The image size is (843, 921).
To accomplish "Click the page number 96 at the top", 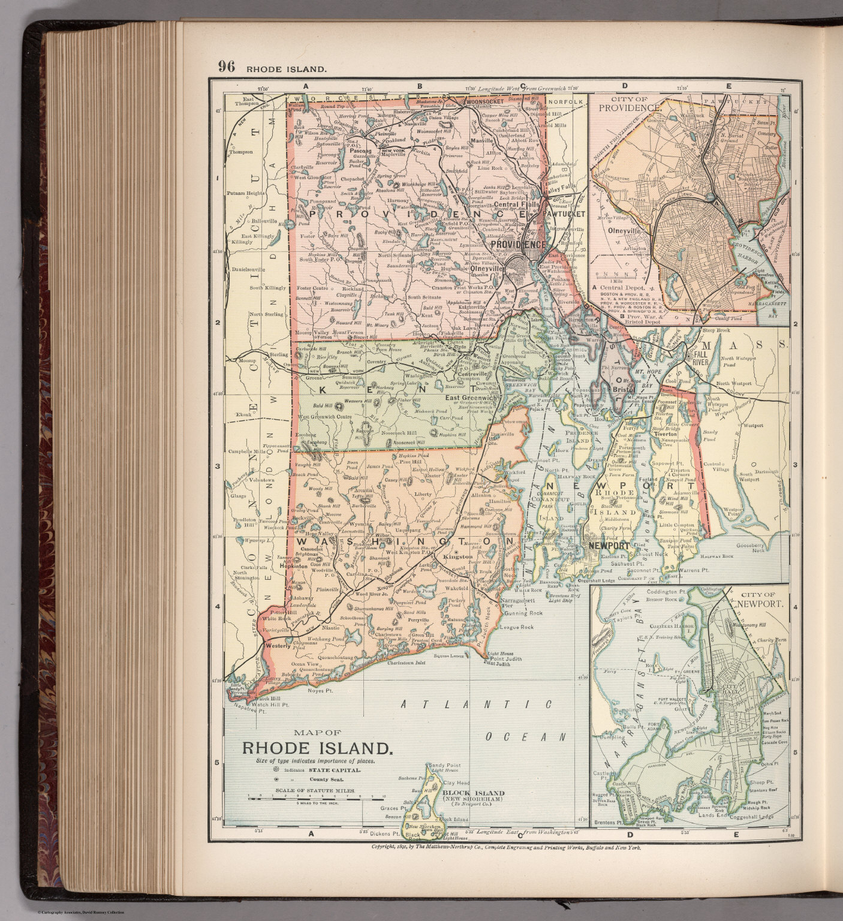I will (x=226, y=67).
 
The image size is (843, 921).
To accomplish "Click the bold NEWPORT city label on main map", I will (x=609, y=546).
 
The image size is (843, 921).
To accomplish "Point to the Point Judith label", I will (x=503, y=658).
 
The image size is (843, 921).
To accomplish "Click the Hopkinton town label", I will (x=294, y=565).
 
